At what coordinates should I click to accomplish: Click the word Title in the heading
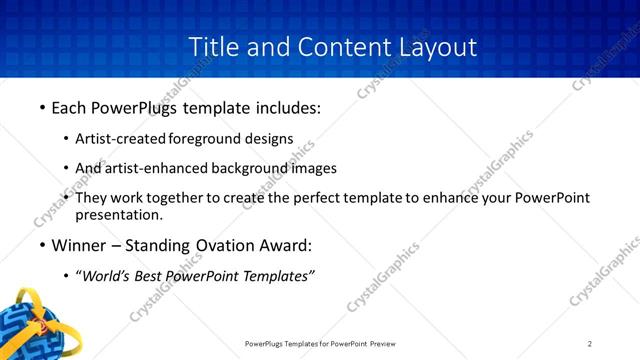pyautogui.click(x=211, y=46)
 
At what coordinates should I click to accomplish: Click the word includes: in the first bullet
pyautogui.click(x=285, y=108)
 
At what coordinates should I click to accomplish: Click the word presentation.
pyautogui.click(x=119, y=214)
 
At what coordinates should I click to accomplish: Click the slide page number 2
pyautogui.click(x=590, y=344)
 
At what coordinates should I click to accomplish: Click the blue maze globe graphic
pyautogui.click(x=30, y=325)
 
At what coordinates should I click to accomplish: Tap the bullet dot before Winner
pyautogui.click(x=42, y=245)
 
